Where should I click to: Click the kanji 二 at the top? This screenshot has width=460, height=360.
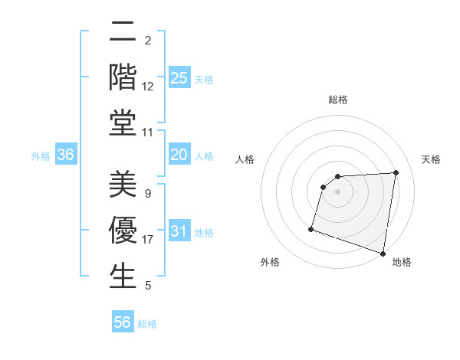pos(123,32)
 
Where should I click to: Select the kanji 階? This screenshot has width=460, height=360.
pos(123,77)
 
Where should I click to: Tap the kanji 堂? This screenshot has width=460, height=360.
pos(123,123)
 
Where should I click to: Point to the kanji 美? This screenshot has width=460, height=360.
pos(123,185)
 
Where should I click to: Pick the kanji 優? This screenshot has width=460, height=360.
pos(123,230)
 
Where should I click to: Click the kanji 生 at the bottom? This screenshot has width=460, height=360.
pos(123,276)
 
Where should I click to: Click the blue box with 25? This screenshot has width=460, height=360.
pos(179,78)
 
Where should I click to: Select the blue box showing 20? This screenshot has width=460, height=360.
pos(179,155)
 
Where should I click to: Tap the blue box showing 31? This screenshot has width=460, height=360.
pos(179,232)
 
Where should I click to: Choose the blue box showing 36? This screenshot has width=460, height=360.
pos(66,155)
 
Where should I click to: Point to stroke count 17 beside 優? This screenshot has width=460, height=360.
pos(148,240)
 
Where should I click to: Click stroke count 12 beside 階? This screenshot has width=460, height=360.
pos(148,87)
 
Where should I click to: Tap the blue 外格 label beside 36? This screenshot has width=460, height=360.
pos(41,156)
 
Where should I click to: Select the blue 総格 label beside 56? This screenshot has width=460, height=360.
pos(147,324)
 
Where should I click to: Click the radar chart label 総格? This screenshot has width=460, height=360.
pos(337,100)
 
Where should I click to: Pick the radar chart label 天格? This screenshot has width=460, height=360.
pos(431,159)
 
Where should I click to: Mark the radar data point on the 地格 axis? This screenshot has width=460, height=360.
pos(383,253)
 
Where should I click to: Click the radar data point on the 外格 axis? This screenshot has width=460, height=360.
pos(311,229)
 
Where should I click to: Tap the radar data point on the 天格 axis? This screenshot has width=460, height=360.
pos(396,172)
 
